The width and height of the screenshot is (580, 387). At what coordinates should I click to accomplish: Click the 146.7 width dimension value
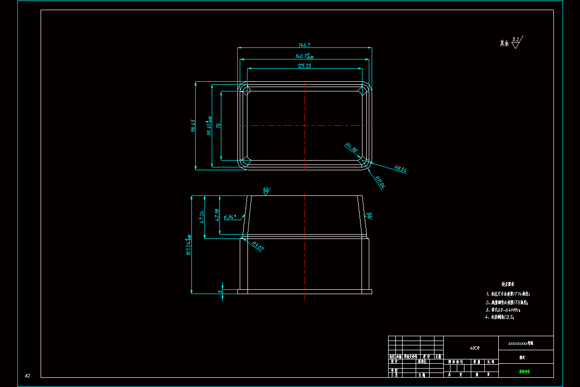pyautogui.click(x=304, y=45)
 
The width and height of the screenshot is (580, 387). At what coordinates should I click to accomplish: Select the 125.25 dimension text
pyautogui.click(x=304, y=66)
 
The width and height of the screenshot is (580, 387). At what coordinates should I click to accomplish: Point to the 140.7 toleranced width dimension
pyautogui.click(x=304, y=56)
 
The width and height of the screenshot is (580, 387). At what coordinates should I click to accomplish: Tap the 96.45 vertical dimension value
pyautogui.click(x=193, y=126)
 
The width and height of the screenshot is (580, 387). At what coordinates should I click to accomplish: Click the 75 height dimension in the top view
pyautogui.click(x=218, y=125)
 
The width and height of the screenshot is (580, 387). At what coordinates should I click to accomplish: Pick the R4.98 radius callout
pyautogui.click(x=351, y=148)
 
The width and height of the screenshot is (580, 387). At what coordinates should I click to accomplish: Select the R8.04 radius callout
pyautogui.click(x=401, y=169)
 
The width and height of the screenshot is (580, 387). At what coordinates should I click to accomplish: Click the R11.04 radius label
pyautogui.click(x=380, y=182)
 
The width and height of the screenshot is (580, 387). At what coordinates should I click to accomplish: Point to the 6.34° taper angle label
pyautogui.click(x=230, y=217)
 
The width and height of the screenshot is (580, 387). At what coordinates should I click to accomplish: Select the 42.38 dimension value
pyautogui.click(x=217, y=214)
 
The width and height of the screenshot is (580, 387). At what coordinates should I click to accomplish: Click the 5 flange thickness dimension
pyautogui.click(x=220, y=292)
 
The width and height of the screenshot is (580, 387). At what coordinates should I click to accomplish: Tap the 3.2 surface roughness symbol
pyautogui.click(x=516, y=41)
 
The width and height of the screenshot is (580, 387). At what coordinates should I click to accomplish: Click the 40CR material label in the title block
pyautogui.click(x=475, y=348)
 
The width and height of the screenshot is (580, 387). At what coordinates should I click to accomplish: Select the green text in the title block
pyautogui.click(x=524, y=372)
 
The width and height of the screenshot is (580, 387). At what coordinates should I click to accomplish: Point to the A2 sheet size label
pyautogui.click(x=28, y=375)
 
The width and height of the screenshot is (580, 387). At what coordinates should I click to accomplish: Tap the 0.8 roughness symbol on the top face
pyautogui.click(x=266, y=190)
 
